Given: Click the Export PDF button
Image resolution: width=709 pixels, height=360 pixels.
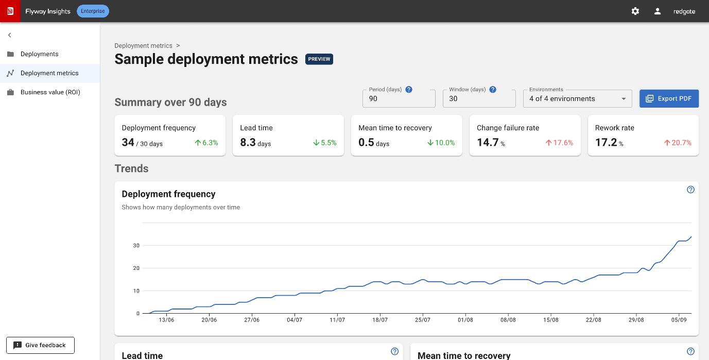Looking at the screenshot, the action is pyautogui.click(x=669, y=98).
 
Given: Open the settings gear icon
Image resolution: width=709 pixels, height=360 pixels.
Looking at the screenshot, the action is pyautogui.click(x=635, y=11).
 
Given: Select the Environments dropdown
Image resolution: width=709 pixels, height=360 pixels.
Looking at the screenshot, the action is pyautogui.click(x=577, y=98).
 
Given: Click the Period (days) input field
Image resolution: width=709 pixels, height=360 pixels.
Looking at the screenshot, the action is pyautogui.click(x=399, y=98).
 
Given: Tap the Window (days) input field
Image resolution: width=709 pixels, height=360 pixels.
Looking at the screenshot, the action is pyautogui.click(x=479, y=98).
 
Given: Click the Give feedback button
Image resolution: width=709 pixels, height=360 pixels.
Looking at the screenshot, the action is pyautogui.click(x=41, y=345).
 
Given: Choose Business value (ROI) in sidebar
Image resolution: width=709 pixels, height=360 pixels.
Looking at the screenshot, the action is pyautogui.click(x=50, y=92).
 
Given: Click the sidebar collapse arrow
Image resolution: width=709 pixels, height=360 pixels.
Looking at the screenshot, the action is pyautogui.click(x=9, y=35).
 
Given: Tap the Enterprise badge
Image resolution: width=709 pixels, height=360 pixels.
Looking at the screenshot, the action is pyautogui.click(x=93, y=11).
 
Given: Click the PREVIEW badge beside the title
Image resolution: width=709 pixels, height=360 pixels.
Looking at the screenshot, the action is pyautogui.click(x=319, y=59).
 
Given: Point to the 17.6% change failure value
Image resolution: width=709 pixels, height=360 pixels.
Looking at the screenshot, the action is pyautogui.click(x=559, y=143).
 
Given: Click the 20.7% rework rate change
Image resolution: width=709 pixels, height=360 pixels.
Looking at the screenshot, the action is pyautogui.click(x=678, y=143).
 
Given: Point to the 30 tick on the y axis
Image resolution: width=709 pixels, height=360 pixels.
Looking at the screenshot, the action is pyautogui.click(x=136, y=245).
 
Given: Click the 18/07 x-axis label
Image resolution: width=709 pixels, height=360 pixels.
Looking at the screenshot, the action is pyautogui.click(x=380, y=320).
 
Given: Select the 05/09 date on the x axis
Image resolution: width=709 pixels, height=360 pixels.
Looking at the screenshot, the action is pyautogui.click(x=679, y=320).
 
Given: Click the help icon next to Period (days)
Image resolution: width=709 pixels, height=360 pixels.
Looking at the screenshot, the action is pyautogui.click(x=409, y=90).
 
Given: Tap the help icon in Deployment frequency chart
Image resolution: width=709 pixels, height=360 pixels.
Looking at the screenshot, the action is pyautogui.click(x=690, y=190).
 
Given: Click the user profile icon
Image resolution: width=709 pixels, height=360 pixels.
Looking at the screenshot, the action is pyautogui.click(x=658, y=11).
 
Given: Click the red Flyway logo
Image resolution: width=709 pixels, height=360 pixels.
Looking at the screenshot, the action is pyautogui.click(x=10, y=11).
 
